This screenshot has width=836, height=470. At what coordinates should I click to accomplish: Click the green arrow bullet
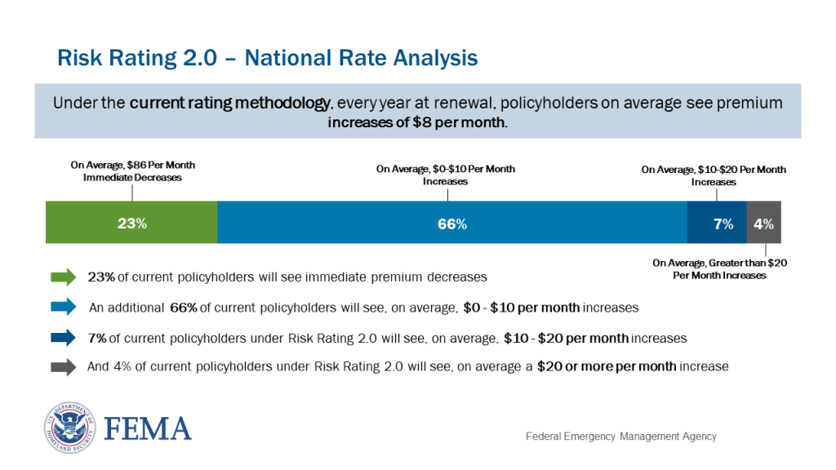point(63,277)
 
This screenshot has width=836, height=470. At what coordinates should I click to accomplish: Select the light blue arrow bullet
point(63,308)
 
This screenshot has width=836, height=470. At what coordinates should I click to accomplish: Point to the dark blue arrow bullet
point(63,337)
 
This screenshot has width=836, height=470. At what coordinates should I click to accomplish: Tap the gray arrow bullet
point(63,366)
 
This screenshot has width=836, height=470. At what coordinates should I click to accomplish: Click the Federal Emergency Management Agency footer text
point(620,437)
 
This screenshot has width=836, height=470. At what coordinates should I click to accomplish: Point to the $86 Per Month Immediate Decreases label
point(132,171)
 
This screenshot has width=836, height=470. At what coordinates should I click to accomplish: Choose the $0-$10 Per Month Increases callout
point(445,175)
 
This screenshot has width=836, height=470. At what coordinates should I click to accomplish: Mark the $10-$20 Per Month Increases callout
point(714,175)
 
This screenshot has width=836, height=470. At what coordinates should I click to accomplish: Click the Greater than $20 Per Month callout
point(719,269)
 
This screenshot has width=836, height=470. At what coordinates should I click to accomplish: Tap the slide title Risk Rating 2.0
point(267,59)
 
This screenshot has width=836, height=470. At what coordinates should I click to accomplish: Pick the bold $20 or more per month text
point(606,366)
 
